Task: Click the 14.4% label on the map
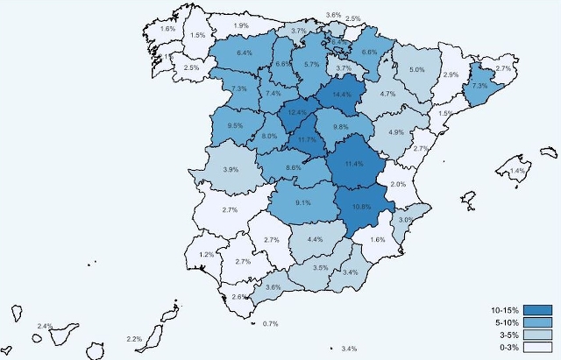(341, 95)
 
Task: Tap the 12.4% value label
(296, 113)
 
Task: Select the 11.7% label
(307, 140)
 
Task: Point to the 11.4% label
(354, 164)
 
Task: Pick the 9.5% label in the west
(235, 126)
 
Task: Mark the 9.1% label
(303, 203)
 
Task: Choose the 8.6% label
(294, 167)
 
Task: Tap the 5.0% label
(417, 70)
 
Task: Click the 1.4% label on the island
(516, 171)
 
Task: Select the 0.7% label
(270, 324)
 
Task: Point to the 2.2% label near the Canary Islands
(134, 339)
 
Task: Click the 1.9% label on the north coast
(241, 25)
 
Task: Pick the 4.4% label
(316, 239)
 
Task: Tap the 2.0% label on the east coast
(397, 185)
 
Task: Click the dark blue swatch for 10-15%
(538, 310)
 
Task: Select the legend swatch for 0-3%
(538, 347)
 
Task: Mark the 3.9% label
(231, 169)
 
